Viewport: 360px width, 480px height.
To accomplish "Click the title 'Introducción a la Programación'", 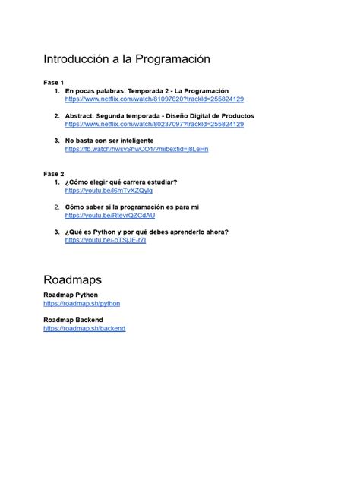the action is (x=126, y=59).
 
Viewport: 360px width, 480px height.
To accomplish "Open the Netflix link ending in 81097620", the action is (x=154, y=99).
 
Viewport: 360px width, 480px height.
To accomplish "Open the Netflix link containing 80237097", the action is (x=154, y=125).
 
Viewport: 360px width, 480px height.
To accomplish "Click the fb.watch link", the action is (x=137, y=150).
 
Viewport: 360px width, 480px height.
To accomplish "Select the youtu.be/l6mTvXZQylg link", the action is (x=109, y=191).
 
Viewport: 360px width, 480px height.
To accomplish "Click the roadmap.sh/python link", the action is (x=82, y=303).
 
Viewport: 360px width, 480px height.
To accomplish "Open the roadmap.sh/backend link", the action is (x=84, y=328).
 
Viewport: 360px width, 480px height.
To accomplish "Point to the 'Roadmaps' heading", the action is (x=73, y=280).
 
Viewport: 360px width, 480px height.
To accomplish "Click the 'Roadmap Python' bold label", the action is (x=71, y=295).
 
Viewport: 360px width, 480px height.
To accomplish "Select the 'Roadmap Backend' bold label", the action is (x=74, y=320).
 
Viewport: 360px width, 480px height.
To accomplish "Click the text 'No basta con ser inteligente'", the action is (x=112, y=141).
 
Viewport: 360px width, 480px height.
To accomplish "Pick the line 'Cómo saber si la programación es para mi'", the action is (x=132, y=207).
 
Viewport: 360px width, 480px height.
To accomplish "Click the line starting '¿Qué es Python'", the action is (x=147, y=232).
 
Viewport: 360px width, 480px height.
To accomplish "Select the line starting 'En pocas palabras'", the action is (x=147, y=91).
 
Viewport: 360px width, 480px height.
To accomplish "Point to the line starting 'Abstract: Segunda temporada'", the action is (x=159, y=116).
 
